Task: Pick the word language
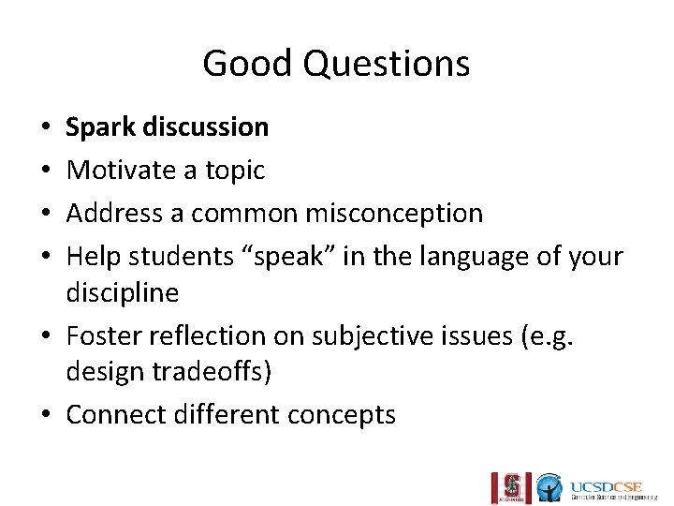point(420,256)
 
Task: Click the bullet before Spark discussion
point(46,127)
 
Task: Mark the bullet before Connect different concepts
point(46,414)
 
